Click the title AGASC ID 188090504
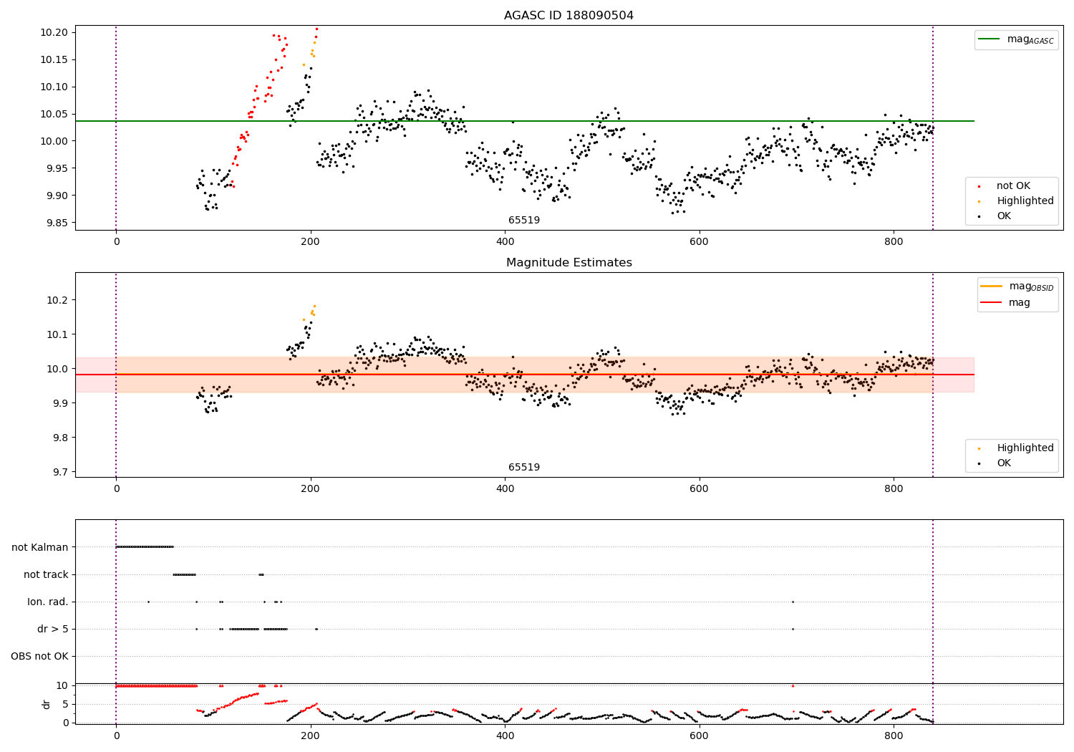pos(569,16)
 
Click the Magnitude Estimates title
pos(569,263)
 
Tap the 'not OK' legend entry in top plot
pos(1013,186)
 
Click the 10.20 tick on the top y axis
pos(54,33)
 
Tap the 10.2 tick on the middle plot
pos(57,300)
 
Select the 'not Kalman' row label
pos(40,547)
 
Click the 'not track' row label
pos(46,574)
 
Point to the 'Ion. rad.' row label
pos(48,602)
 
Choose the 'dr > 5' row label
pos(53,629)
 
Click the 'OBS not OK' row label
pos(40,656)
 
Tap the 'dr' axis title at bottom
pos(47,704)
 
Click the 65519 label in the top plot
pos(524,221)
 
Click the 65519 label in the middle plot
pos(524,468)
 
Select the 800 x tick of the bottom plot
pos(894,736)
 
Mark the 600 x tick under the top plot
pos(699,241)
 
